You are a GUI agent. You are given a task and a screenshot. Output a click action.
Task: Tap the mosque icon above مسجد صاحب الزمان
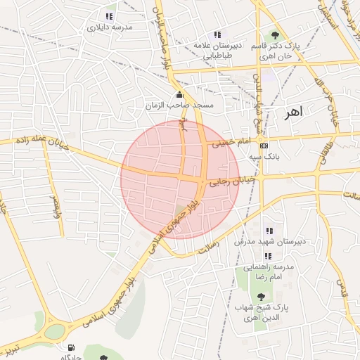click(179, 95)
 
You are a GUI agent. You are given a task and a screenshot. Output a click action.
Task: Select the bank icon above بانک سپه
click(264, 146)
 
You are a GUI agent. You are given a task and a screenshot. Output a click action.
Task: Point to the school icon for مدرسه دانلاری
click(109, 16)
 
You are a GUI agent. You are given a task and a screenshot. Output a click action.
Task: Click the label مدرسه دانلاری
click(110, 28)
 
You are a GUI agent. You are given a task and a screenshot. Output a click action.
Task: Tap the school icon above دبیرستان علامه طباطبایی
click(217, 34)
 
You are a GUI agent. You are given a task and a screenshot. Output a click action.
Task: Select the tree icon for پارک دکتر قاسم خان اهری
click(275, 35)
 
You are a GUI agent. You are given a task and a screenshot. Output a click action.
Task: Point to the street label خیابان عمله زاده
click(41, 140)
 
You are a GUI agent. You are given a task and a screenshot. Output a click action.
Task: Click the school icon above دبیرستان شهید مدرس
click(269, 231)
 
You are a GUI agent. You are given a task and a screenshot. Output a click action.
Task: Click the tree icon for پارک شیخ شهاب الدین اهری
click(261, 297)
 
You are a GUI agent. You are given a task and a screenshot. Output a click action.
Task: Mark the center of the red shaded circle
click(180, 179)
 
